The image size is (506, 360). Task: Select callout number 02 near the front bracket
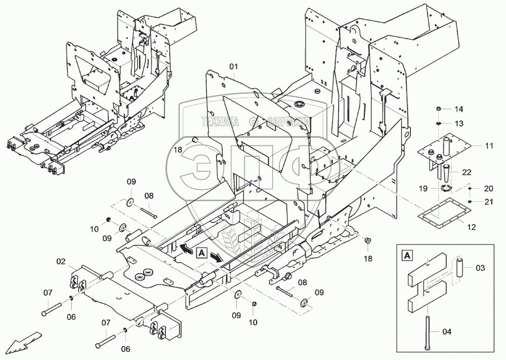click(x=61, y=262)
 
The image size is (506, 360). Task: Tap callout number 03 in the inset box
click(x=480, y=267)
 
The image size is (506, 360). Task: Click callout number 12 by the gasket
click(x=471, y=227)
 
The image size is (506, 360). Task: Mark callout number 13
click(x=458, y=124)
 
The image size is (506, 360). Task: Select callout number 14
click(x=458, y=109)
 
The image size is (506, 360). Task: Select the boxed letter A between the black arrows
click(x=201, y=252)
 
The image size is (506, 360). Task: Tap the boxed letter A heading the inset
click(x=406, y=255)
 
